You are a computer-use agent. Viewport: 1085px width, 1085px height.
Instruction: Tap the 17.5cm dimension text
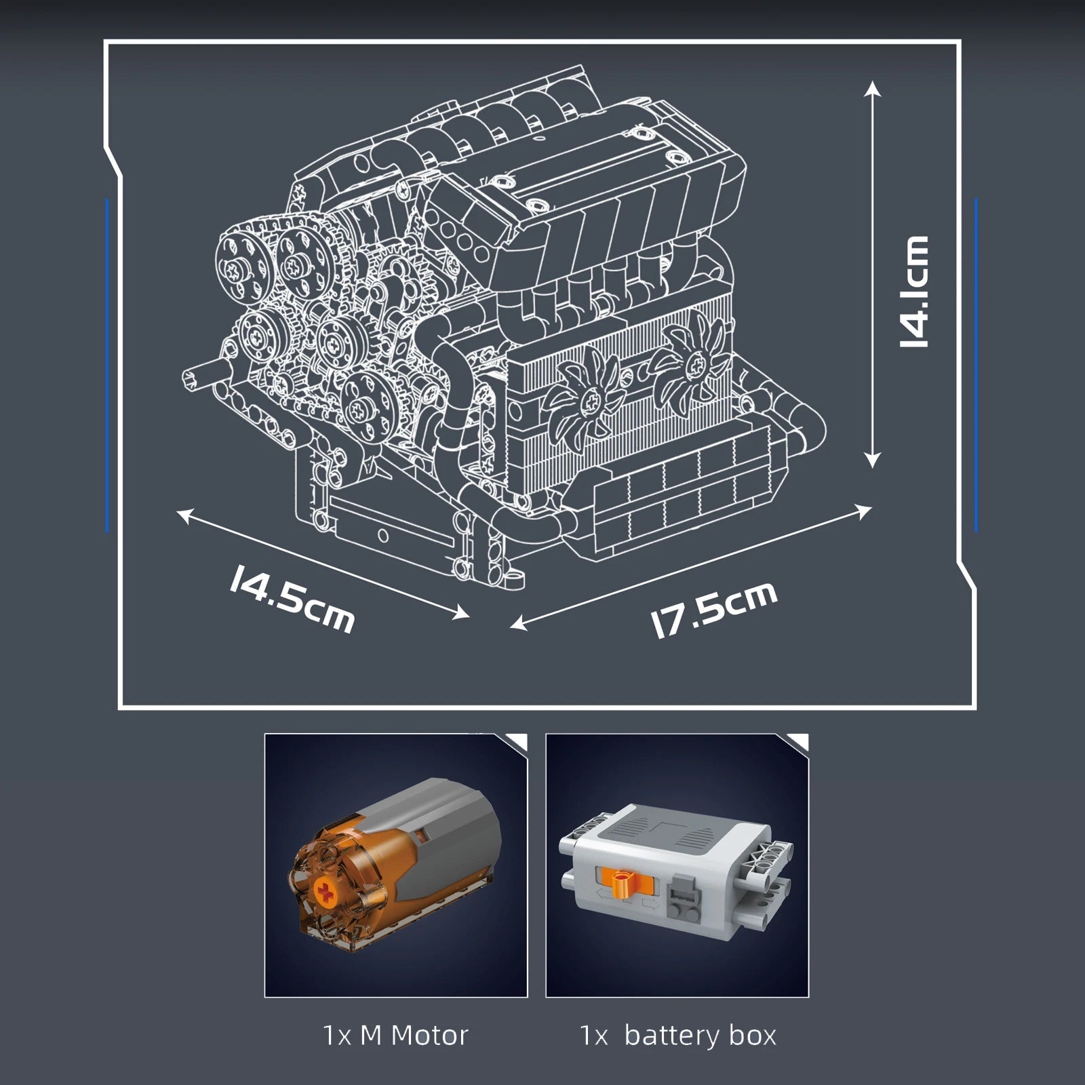click(x=713, y=609)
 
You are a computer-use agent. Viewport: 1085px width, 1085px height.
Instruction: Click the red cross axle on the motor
click(x=327, y=894)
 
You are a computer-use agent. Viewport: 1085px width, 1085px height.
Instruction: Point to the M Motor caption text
click(x=395, y=1035)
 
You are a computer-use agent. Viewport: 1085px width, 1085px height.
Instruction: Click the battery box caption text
click(x=677, y=1035)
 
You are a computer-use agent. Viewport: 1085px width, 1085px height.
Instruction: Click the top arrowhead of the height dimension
click(x=873, y=88)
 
